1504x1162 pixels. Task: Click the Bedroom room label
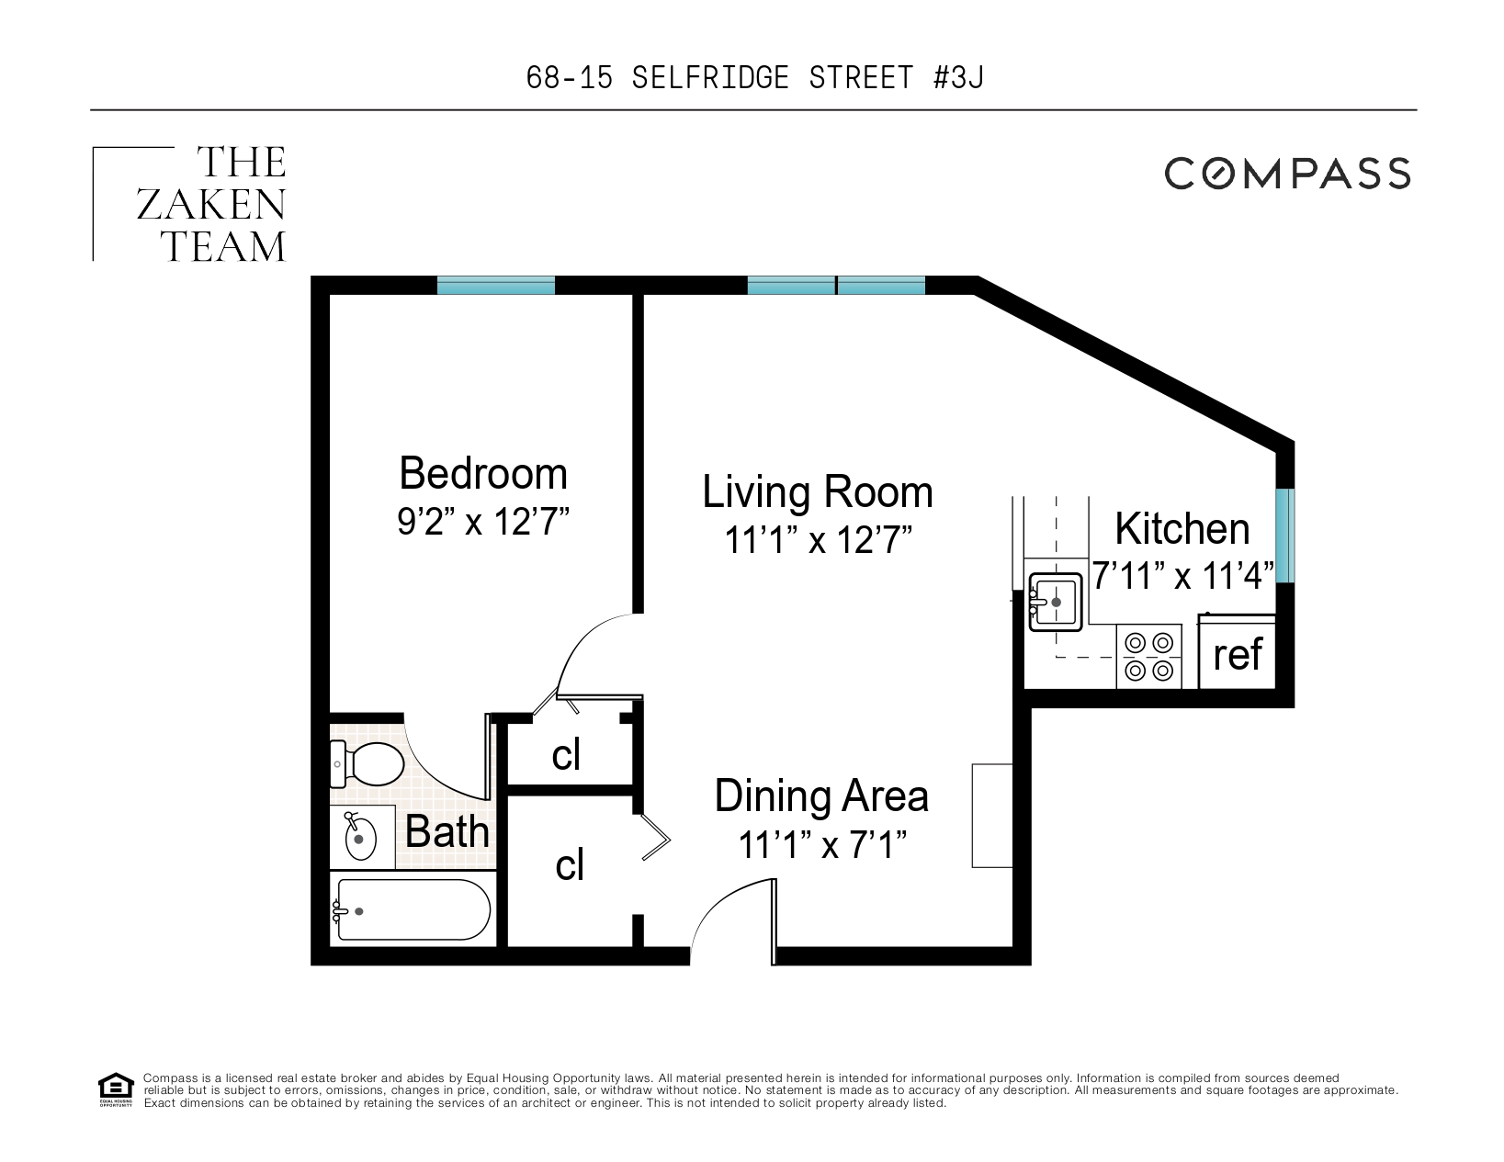tap(483, 474)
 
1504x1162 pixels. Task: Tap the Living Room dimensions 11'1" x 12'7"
tap(818, 540)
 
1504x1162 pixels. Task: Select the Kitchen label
tap(1182, 529)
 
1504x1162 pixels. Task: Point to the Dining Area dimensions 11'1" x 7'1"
tap(822, 844)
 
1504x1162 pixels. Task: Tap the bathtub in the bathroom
tap(413, 909)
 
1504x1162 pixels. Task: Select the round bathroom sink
tap(360, 838)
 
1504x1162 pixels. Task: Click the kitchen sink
tap(1055, 602)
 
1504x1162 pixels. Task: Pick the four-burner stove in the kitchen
tap(1149, 656)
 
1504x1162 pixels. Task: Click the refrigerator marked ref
tap(1238, 654)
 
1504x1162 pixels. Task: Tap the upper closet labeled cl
tap(566, 754)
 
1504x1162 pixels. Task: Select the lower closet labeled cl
tap(570, 865)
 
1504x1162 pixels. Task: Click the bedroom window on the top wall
tap(496, 286)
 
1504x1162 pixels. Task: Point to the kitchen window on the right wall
tap(1284, 536)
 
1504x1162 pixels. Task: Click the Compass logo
tap(1287, 173)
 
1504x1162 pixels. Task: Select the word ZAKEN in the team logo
tap(211, 205)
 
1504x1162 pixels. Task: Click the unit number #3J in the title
tap(958, 78)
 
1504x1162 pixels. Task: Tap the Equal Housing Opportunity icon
tap(116, 1089)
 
